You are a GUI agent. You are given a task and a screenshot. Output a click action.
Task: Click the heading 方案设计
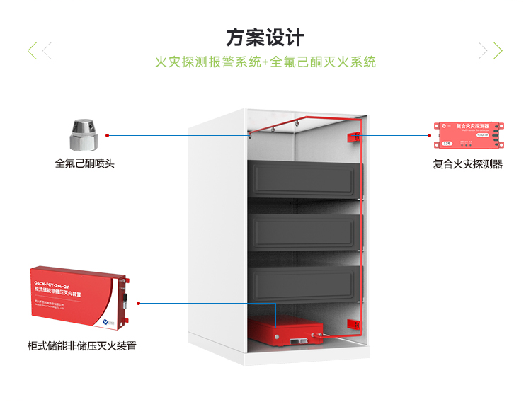(x=265, y=37)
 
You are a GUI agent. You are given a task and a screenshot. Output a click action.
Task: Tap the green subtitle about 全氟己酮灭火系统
(x=265, y=62)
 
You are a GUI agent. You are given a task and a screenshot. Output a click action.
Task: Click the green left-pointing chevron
(x=32, y=50)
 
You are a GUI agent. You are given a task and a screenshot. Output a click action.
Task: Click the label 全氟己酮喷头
(x=84, y=163)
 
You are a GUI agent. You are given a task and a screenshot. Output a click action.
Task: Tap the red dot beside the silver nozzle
(x=107, y=133)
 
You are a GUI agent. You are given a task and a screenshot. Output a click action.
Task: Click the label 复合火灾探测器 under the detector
(x=468, y=164)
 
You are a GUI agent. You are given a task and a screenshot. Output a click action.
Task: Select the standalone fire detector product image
(x=471, y=135)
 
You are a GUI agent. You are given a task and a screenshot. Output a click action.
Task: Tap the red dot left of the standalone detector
(x=435, y=132)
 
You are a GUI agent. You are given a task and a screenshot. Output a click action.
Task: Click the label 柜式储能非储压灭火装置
(x=81, y=346)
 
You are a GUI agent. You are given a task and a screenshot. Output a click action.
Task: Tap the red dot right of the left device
(x=139, y=303)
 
